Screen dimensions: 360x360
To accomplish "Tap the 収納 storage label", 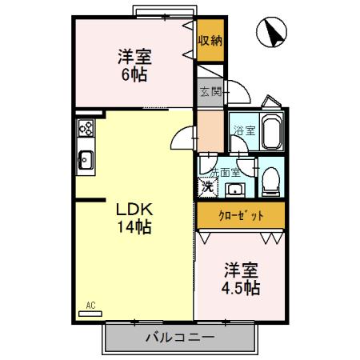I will point(210,40).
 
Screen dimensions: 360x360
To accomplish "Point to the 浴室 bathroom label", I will point(244,131).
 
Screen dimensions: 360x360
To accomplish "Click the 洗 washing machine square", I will point(207,188).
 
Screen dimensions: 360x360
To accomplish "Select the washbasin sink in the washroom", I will point(236,189).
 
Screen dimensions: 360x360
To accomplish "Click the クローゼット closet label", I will point(241,216).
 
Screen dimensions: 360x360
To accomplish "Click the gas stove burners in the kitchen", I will point(86,128).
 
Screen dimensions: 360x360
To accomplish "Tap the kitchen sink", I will point(85,162).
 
